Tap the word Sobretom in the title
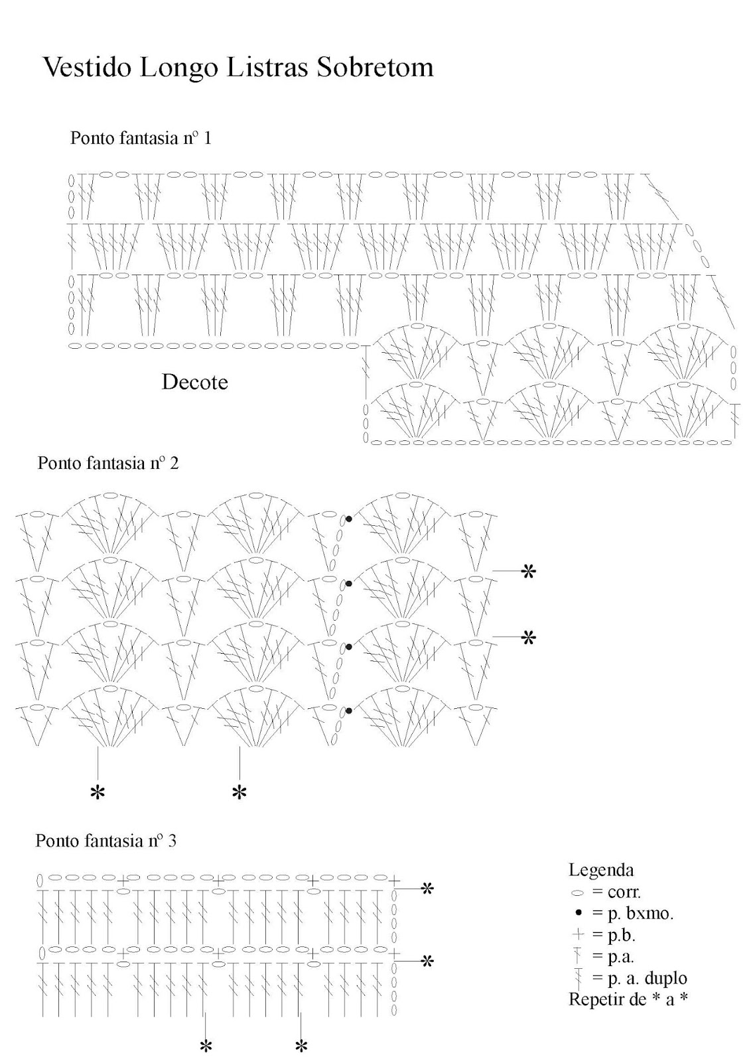click(376, 68)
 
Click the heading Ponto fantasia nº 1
click(141, 139)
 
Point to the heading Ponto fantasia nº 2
click(108, 463)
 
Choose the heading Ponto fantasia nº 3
click(106, 841)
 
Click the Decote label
click(194, 382)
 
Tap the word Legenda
click(601, 870)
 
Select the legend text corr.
click(624, 892)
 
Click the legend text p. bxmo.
click(640, 914)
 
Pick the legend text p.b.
click(621, 936)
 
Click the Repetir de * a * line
click(628, 999)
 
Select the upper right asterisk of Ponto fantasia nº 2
click(528, 572)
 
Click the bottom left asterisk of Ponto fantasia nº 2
click(98, 792)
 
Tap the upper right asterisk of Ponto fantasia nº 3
click(428, 889)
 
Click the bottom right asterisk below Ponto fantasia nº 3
click(301, 1047)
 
